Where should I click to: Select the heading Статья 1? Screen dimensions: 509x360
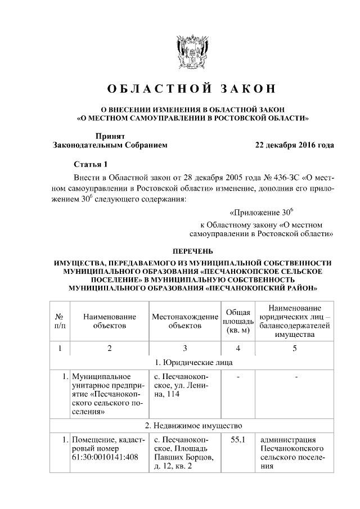point(91,164)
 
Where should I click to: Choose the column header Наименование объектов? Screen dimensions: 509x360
point(110,321)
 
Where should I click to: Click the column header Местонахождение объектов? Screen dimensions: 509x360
point(185,321)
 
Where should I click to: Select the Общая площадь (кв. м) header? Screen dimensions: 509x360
point(238,321)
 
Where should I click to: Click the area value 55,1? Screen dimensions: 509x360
point(238,439)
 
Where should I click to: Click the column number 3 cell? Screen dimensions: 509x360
point(185,348)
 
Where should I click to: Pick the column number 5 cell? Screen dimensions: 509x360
point(294,348)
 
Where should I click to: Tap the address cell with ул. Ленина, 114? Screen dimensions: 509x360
point(184,386)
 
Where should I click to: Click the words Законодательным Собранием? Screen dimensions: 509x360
point(110,145)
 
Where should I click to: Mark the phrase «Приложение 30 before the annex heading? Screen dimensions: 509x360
point(262,213)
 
